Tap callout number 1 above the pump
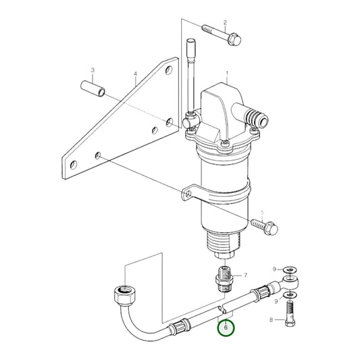(x=228, y=73)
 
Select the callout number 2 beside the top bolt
(x=225, y=23)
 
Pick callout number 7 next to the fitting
(x=245, y=275)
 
